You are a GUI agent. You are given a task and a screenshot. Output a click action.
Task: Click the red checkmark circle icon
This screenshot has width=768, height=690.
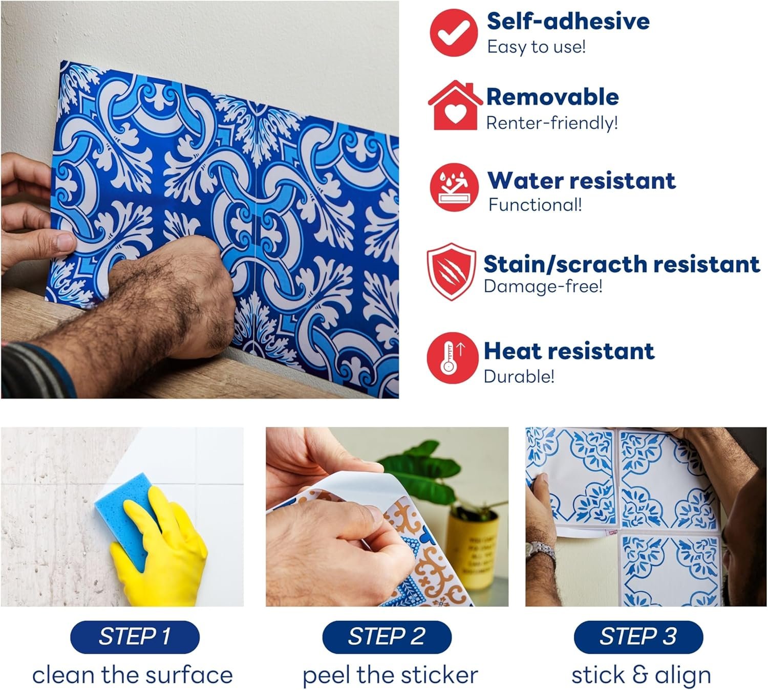[453, 33]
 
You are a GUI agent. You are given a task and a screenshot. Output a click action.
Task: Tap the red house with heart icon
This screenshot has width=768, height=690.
[455, 105]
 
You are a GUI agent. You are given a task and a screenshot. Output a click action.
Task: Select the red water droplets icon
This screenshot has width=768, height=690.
[454, 187]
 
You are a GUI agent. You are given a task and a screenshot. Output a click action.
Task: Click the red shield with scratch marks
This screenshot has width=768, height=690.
[452, 271]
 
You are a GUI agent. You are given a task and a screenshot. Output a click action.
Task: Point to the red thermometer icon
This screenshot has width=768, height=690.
[453, 358]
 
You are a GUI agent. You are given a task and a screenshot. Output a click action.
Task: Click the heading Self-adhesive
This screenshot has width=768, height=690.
[568, 21]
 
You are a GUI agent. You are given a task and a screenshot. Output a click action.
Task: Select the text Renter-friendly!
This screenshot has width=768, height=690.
[552, 123]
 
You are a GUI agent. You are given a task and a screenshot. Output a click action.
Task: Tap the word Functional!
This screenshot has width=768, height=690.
[535, 205]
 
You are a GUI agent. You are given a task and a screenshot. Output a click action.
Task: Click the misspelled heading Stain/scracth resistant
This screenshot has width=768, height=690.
[622, 264]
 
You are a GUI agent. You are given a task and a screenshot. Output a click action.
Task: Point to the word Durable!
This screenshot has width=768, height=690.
[519, 376]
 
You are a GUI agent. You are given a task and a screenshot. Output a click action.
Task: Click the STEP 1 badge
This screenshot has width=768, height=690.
[135, 637]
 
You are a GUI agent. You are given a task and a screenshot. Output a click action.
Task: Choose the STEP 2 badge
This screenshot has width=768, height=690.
[387, 637]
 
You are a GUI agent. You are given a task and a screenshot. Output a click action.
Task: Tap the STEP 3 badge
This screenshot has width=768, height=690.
[638, 637]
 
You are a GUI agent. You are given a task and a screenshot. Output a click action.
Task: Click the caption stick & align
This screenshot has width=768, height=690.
[641, 675]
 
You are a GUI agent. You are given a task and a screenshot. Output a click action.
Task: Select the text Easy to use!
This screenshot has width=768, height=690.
[536, 47]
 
